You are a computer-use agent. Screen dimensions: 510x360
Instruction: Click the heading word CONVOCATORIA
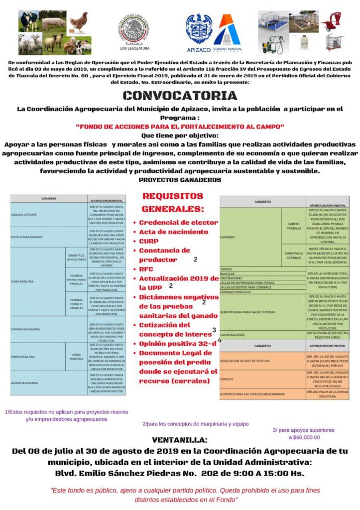coord(180,96)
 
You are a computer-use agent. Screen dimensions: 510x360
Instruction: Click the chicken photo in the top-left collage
coord(78,22)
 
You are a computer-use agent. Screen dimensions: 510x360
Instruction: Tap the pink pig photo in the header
coord(54,22)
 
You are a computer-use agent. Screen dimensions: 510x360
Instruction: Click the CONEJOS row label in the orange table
coord(228,379)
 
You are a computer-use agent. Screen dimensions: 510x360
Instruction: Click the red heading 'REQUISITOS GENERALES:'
coord(172,202)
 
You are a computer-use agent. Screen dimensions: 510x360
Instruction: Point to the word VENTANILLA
coord(179,440)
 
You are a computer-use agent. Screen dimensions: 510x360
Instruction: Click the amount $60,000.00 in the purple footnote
coord(304,437)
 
